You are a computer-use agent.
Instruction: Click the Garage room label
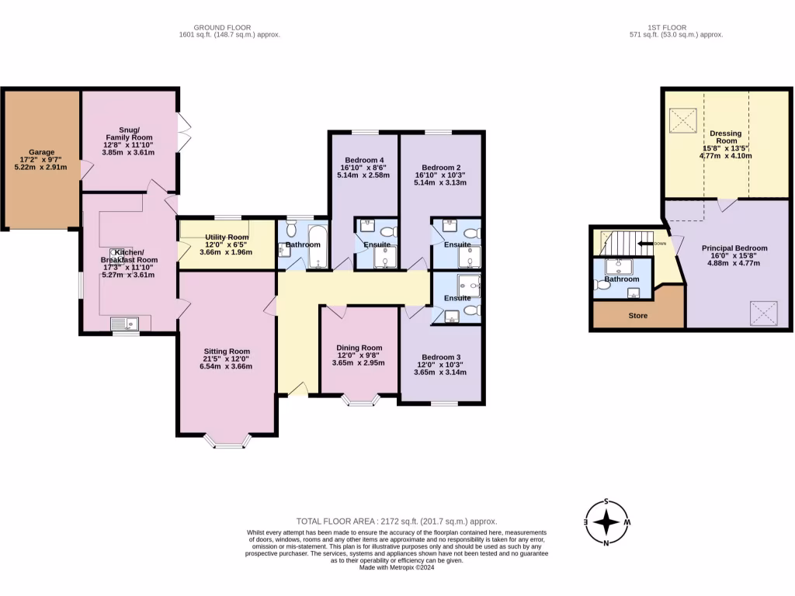[42, 152]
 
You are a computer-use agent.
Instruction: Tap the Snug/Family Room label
[130, 130]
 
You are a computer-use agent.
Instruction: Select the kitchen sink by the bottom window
[124, 324]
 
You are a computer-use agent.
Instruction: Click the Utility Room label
[227, 237]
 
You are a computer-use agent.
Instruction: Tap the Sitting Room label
[227, 351]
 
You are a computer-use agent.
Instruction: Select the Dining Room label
[359, 348]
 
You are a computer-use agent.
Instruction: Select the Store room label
[637, 316]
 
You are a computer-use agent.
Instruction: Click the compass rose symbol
[606, 521]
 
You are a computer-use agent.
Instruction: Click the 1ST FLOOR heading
[675, 28]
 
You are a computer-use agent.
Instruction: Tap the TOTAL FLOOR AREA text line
[397, 521]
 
